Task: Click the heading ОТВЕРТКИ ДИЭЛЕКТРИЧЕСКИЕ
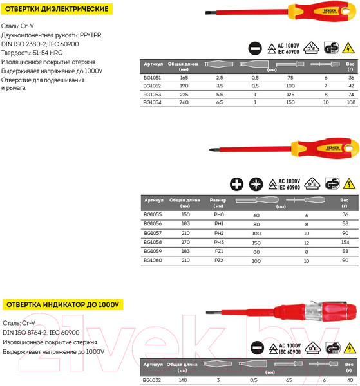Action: click(x=57, y=10)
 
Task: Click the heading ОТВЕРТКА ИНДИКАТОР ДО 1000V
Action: click(x=62, y=304)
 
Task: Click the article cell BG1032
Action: click(x=152, y=381)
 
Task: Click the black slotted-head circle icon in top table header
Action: click(x=254, y=48)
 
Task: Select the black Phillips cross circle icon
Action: click(x=237, y=185)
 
